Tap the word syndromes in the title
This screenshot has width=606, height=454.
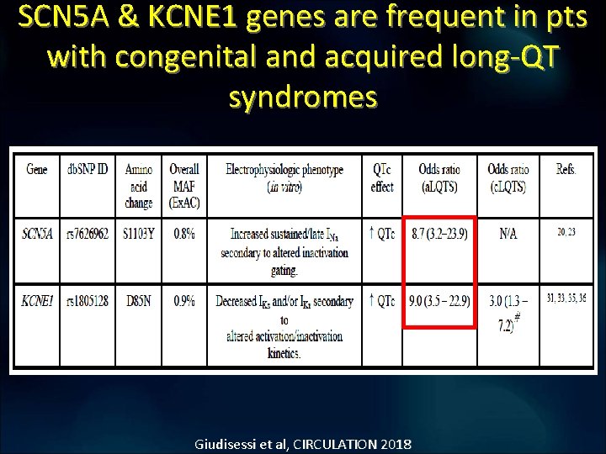click(x=303, y=97)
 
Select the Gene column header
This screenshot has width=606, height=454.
click(x=37, y=169)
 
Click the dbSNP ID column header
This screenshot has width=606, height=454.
click(x=88, y=169)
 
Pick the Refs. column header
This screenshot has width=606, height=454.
click(x=566, y=169)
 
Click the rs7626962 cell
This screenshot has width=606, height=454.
click(x=88, y=234)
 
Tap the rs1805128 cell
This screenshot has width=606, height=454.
click(x=88, y=300)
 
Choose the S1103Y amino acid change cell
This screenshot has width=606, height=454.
click(x=139, y=234)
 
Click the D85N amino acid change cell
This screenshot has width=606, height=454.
click(x=139, y=300)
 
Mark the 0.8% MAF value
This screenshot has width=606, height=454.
click(x=183, y=234)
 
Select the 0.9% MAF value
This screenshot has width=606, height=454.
click(x=183, y=300)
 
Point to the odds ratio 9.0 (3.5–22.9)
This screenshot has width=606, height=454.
click(x=439, y=300)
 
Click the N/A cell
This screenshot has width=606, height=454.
click(x=508, y=234)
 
